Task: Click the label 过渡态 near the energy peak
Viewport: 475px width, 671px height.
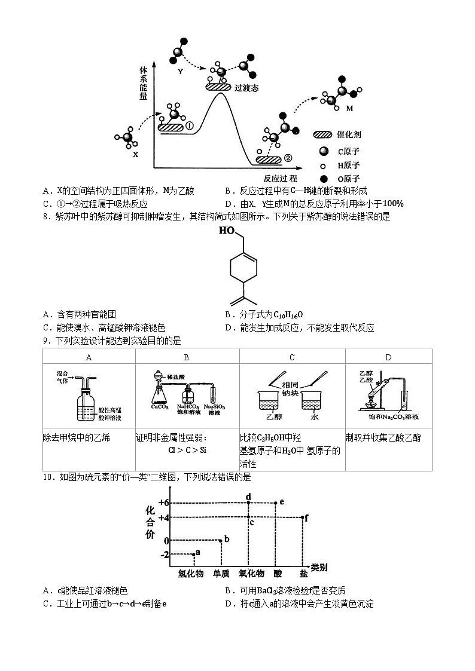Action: [247, 87]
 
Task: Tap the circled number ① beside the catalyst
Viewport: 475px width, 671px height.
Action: [188, 126]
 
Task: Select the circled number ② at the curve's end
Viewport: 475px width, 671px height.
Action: [288, 158]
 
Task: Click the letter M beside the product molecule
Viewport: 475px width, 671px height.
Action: [350, 109]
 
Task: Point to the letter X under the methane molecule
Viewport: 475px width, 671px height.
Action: [135, 154]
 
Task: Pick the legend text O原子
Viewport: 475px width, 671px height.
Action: [348, 179]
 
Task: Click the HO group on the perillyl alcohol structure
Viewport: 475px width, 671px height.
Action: [226, 230]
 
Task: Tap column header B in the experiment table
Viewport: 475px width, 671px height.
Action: [187, 357]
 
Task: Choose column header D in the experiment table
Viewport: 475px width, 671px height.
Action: [388, 357]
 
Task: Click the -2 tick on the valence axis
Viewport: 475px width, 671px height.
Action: [165, 555]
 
